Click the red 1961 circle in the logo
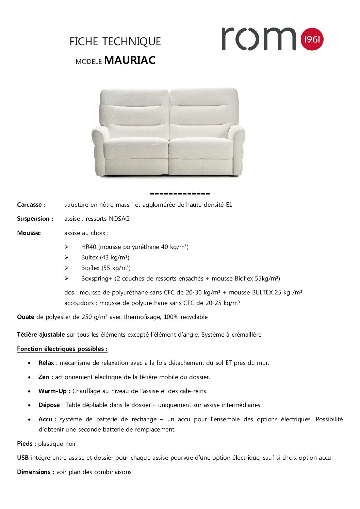coord(312,39)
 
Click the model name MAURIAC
coord(130,60)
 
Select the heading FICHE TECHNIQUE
coord(115,41)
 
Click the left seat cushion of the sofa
coord(136,148)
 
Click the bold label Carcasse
coord(31,205)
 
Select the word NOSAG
coord(119,219)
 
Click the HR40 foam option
coord(89,247)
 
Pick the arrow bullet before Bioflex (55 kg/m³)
coord(67,268)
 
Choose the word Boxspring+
coord(96,278)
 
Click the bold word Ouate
coord(26,317)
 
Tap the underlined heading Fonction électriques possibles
coord(62,349)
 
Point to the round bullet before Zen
coord(30,377)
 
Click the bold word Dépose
coord(49,405)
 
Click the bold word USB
coord(23,458)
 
